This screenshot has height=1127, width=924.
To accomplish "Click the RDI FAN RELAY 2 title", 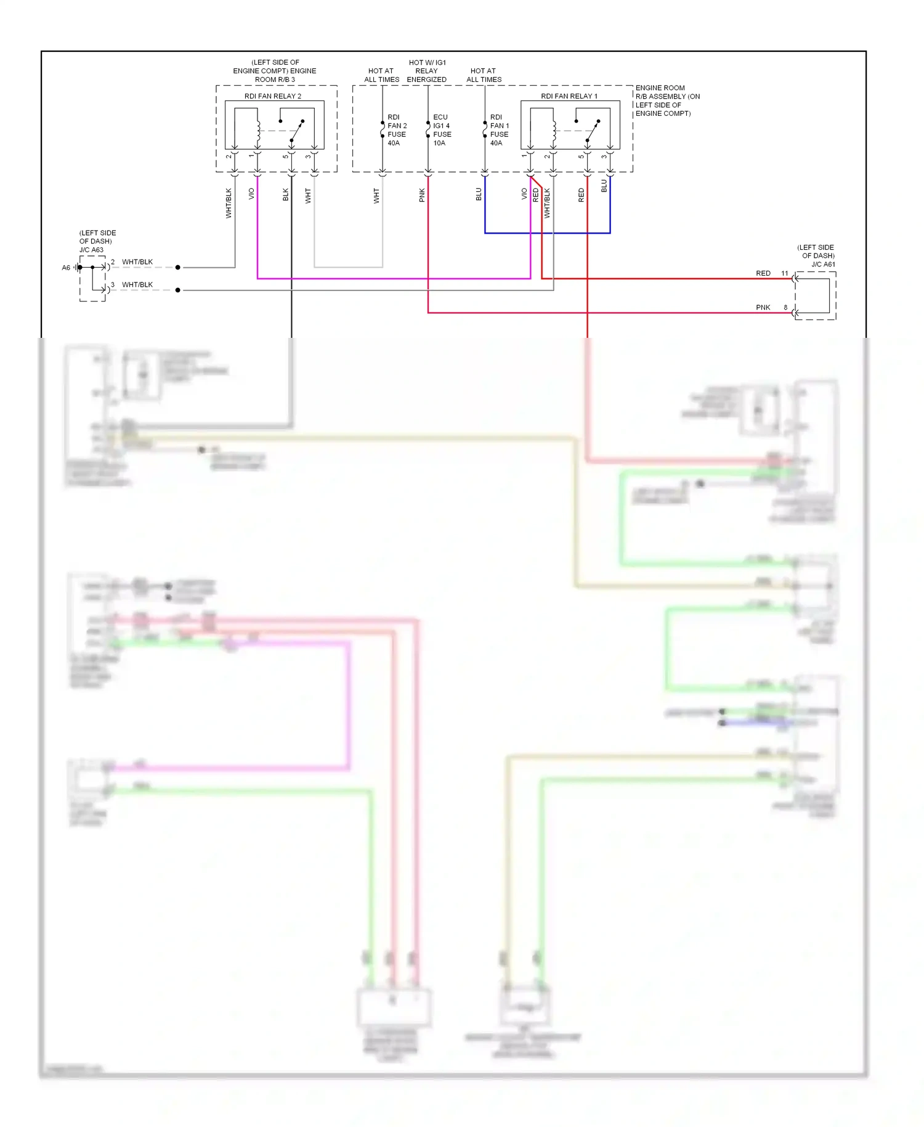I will coord(273,96).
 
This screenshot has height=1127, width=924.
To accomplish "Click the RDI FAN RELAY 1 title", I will coord(569,96).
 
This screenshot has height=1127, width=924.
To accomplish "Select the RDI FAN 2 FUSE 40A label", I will coord(397,130).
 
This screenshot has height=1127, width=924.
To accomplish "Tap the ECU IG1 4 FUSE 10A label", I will coord(442,130).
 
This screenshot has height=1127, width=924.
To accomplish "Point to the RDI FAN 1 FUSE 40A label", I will coord(499,130).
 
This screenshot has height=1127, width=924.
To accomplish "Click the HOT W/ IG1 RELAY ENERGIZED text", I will coord(427,71).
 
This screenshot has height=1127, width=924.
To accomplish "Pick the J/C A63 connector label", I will coord(91,250).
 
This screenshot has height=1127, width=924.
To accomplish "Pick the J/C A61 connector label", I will coord(823,264).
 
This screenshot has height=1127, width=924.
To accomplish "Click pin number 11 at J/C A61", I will coord(785,273).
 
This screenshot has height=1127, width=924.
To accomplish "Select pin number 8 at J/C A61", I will coord(785,308).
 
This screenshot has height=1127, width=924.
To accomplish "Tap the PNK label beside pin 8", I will coord(763,308).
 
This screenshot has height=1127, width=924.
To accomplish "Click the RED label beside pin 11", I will coord(763,273).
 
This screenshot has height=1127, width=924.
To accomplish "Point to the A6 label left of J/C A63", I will coord(66,268).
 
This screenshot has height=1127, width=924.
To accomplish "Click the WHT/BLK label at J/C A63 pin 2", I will coord(137,262).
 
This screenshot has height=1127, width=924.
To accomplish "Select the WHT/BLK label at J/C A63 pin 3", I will coord(137,285).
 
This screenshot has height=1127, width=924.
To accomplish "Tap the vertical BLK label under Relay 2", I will coord(286,195).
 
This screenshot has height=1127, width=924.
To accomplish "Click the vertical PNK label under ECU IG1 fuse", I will coord(422,195).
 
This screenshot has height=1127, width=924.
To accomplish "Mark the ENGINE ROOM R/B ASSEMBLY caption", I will coord(667,100).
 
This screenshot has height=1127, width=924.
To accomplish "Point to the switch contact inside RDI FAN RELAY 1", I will coord(593,130).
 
